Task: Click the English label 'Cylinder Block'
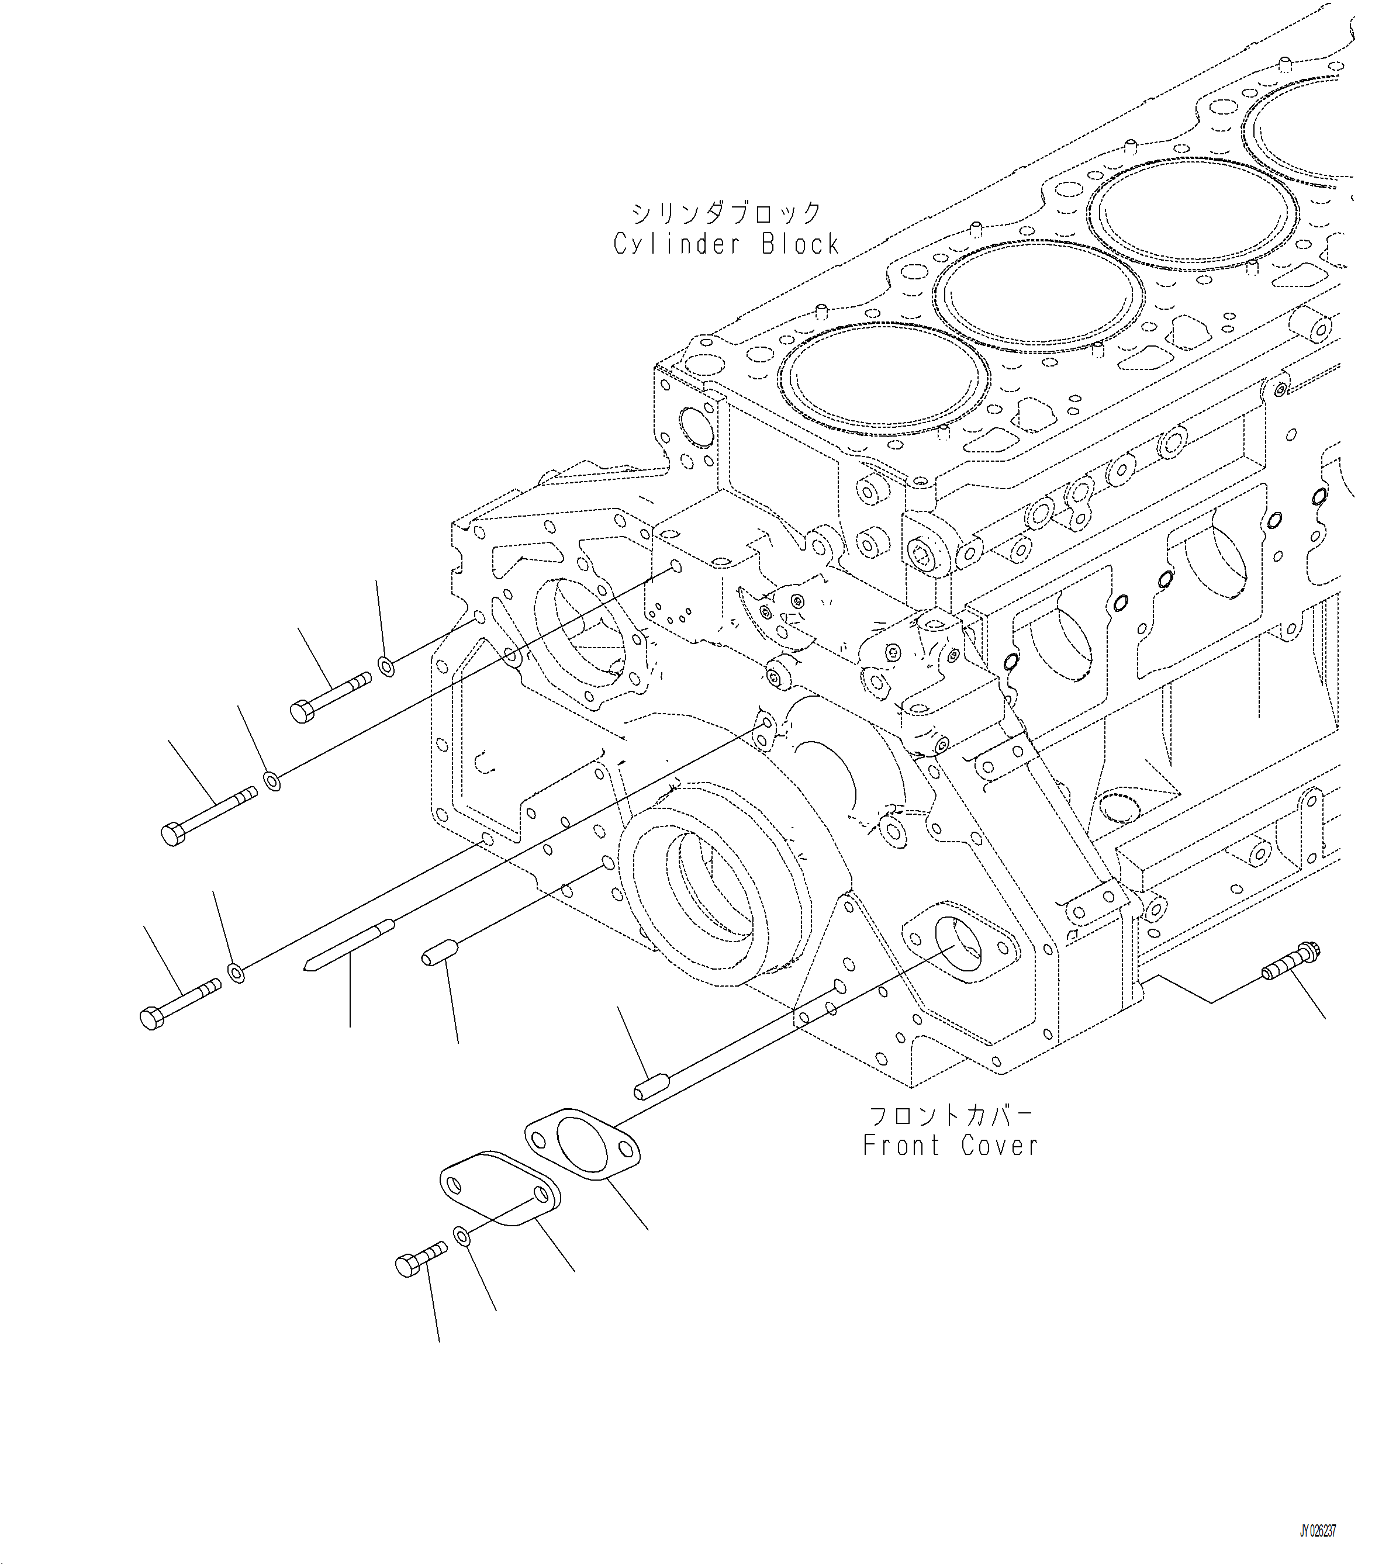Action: pos(725,244)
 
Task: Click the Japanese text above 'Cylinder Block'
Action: pos(725,212)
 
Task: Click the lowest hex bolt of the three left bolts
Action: pos(180,1002)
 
